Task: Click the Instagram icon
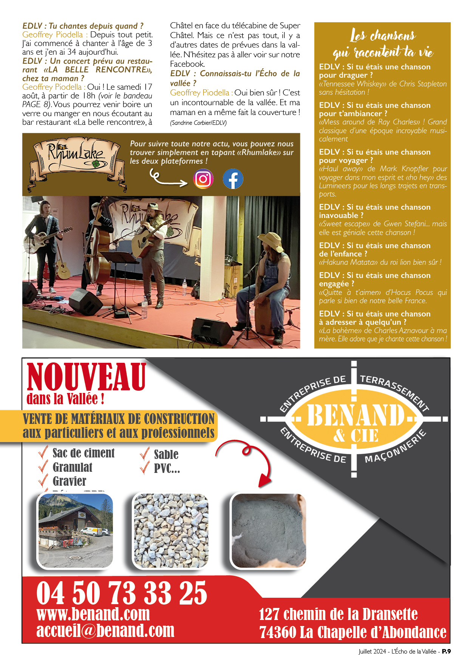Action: (203, 179)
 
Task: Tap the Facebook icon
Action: (233, 179)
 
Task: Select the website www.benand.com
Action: (93, 614)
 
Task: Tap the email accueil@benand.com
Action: (105, 631)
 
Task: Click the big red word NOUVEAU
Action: (87, 377)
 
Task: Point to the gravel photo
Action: (171, 531)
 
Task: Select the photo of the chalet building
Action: (76, 531)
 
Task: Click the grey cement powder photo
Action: (269, 531)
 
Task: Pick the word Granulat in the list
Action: (73, 468)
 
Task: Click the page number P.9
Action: (446, 651)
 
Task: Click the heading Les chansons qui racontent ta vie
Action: (383, 43)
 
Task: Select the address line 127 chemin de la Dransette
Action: (338, 614)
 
